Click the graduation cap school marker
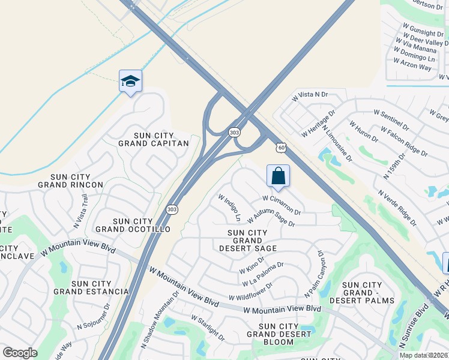point(130,81)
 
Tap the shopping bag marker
point(278,176)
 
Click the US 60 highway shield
point(280,148)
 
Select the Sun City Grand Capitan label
point(153,139)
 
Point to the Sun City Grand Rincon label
point(77,181)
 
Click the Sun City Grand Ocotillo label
point(133,226)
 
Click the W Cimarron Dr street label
point(282,204)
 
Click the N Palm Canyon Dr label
point(315,269)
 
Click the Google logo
point(20,353)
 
